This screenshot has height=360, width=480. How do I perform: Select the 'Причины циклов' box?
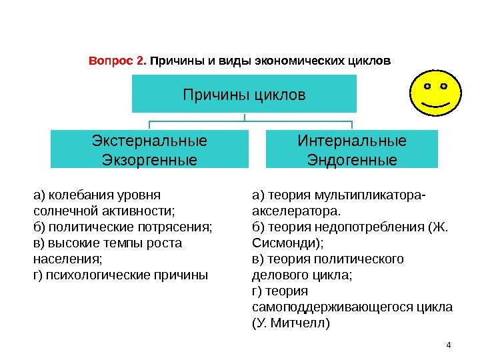click(x=244, y=94)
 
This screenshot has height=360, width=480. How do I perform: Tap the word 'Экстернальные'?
click(x=149, y=141)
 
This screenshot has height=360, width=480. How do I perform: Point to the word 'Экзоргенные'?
click(x=149, y=160)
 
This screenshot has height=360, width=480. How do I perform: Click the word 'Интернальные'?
click(x=351, y=141)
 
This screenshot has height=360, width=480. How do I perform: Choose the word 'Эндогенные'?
click(x=351, y=160)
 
